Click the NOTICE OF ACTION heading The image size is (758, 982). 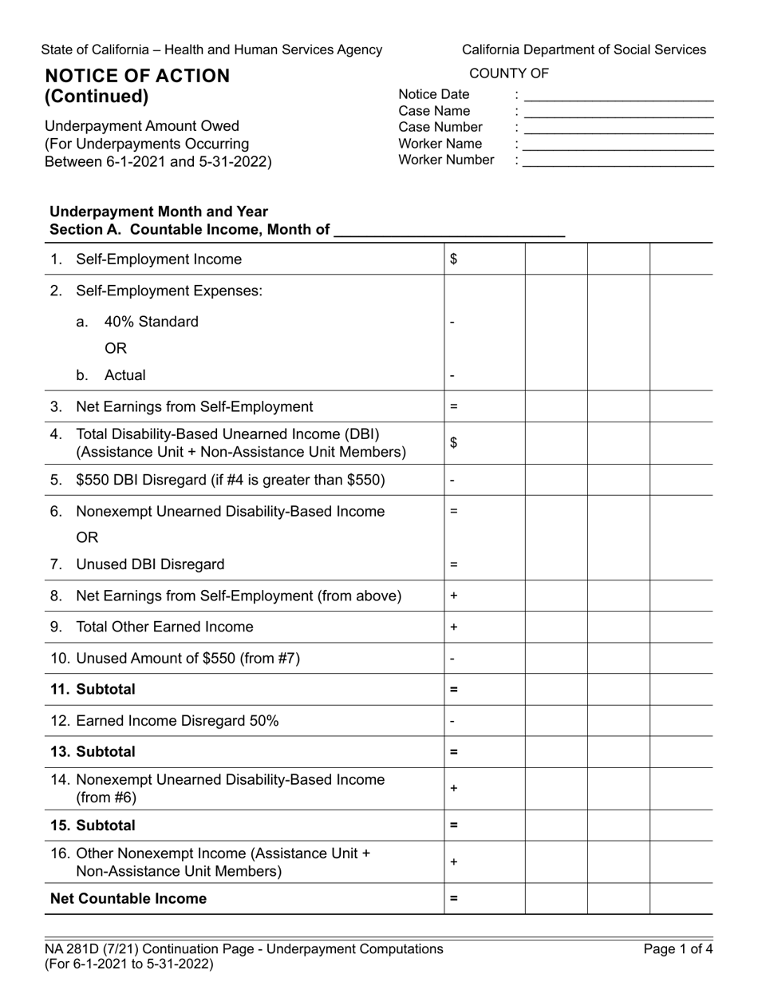point(137,76)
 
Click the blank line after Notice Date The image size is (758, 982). point(618,96)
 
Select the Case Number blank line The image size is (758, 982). point(618,129)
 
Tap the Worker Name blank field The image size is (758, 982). point(618,145)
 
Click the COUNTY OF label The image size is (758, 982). point(509,73)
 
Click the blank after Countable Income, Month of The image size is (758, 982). point(449,231)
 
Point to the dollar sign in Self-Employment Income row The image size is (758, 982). point(454,259)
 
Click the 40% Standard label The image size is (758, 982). point(151,322)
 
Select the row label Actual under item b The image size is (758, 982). point(124,375)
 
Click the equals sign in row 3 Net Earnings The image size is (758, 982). point(453,406)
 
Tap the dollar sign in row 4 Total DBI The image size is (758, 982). point(454,443)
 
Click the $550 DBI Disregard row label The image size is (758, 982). point(230,481)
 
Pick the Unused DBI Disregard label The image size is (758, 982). point(151,564)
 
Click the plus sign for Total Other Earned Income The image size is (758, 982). point(453,628)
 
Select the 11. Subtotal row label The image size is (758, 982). point(93,689)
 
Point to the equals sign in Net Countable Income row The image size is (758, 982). point(453,899)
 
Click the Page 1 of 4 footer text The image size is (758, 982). point(673,949)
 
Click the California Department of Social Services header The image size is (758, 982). point(583,49)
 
